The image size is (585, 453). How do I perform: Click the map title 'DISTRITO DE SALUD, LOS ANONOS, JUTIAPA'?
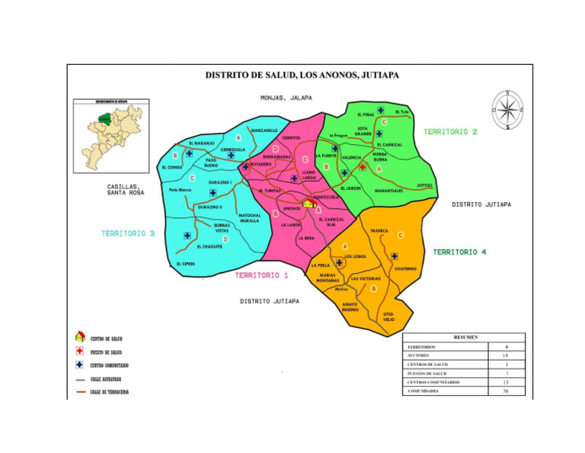(x=302, y=75)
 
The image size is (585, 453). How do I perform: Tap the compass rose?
(x=507, y=110)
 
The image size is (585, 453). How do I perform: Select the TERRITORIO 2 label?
(x=450, y=132)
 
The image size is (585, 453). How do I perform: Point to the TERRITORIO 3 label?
(x=128, y=233)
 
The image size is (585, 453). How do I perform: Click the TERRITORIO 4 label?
(x=460, y=252)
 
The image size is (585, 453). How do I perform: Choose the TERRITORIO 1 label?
(x=261, y=275)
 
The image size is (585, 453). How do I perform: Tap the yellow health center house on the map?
(x=308, y=203)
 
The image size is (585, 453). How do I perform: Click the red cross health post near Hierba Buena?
(x=363, y=166)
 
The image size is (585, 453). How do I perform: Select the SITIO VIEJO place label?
(x=388, y=316)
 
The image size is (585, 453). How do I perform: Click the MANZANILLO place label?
(x=264, y=130)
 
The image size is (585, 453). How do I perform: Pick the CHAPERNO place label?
(x=404, y=268)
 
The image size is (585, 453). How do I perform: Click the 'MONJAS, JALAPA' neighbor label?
(x=286, y=98)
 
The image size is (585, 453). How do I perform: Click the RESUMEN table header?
(x=464, y=337)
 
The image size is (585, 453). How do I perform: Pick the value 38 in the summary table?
(x=507, y=391)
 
